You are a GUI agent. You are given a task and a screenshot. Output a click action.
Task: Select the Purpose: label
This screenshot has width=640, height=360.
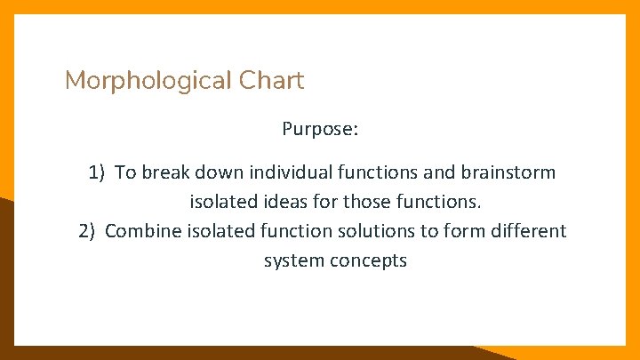(320, 130)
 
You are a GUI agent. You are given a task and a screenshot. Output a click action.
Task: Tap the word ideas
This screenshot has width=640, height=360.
(268, 202)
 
